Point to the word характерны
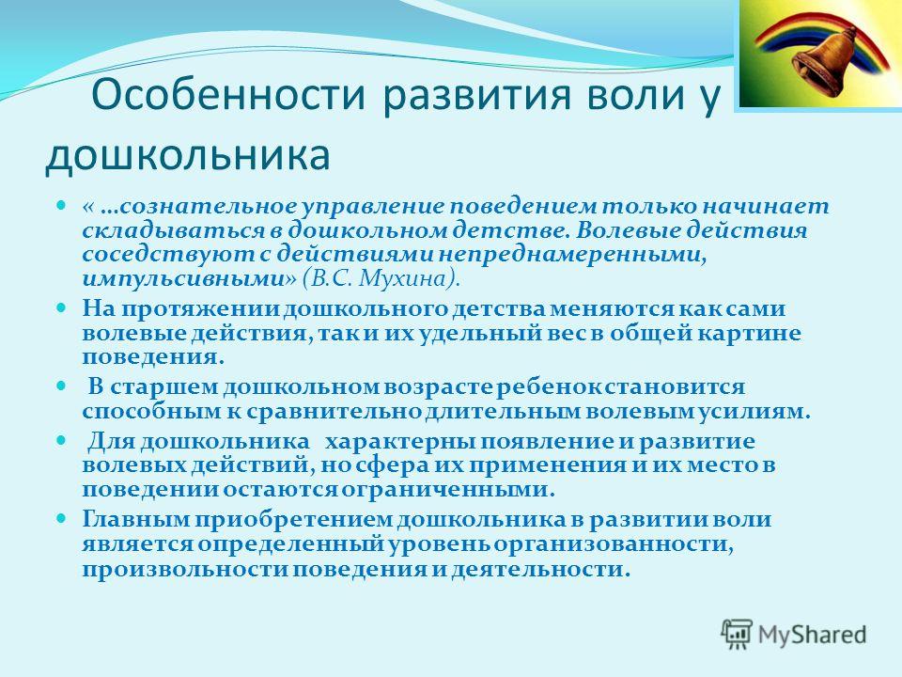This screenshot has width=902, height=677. [x=400, y=441]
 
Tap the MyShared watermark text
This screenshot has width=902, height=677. [x=812, y=635]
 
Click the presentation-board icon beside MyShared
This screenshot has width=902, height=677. [x=737, y=634]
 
